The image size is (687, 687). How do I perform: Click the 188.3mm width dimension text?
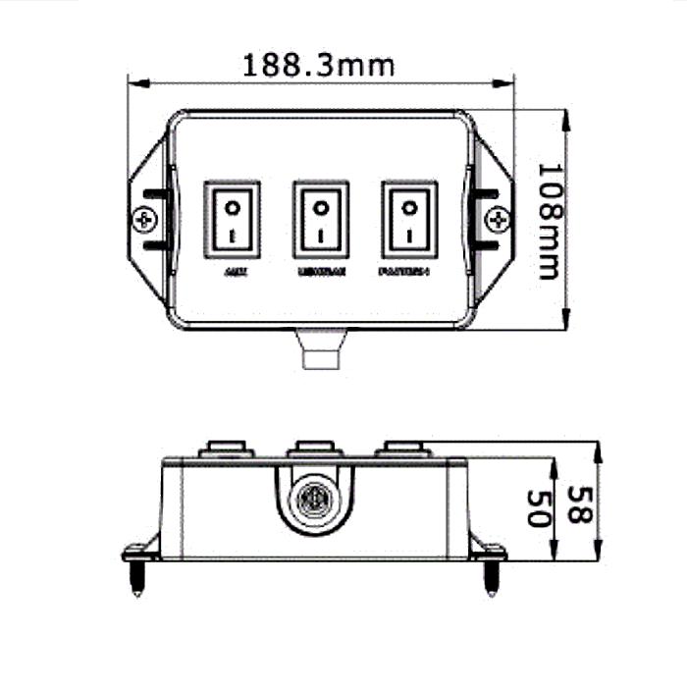click(319, 66)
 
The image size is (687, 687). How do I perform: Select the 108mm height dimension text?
click(552, 220)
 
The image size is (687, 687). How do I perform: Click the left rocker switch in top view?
click(233, 219)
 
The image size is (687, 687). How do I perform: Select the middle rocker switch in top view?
click(320, 219)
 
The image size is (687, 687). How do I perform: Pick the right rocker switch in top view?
click(409, 219)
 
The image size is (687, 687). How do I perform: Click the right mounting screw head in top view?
click(498, 219)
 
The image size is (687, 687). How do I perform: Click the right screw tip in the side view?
click(491, 582)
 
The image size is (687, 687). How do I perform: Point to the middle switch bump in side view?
click(314, 450)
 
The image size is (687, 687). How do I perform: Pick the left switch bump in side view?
click(226, 450)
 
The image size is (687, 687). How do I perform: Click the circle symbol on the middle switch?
click(320, 207)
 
